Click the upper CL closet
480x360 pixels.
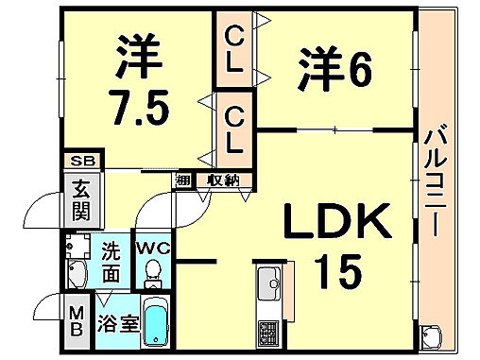click(x=233, y=51)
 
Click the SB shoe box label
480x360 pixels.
click(x=79, y=162)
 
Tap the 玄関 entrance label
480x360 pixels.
click(x=79, y=199)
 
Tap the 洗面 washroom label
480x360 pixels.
click(x=111, y=263)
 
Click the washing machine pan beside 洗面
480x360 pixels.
click(x=77, y=247)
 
